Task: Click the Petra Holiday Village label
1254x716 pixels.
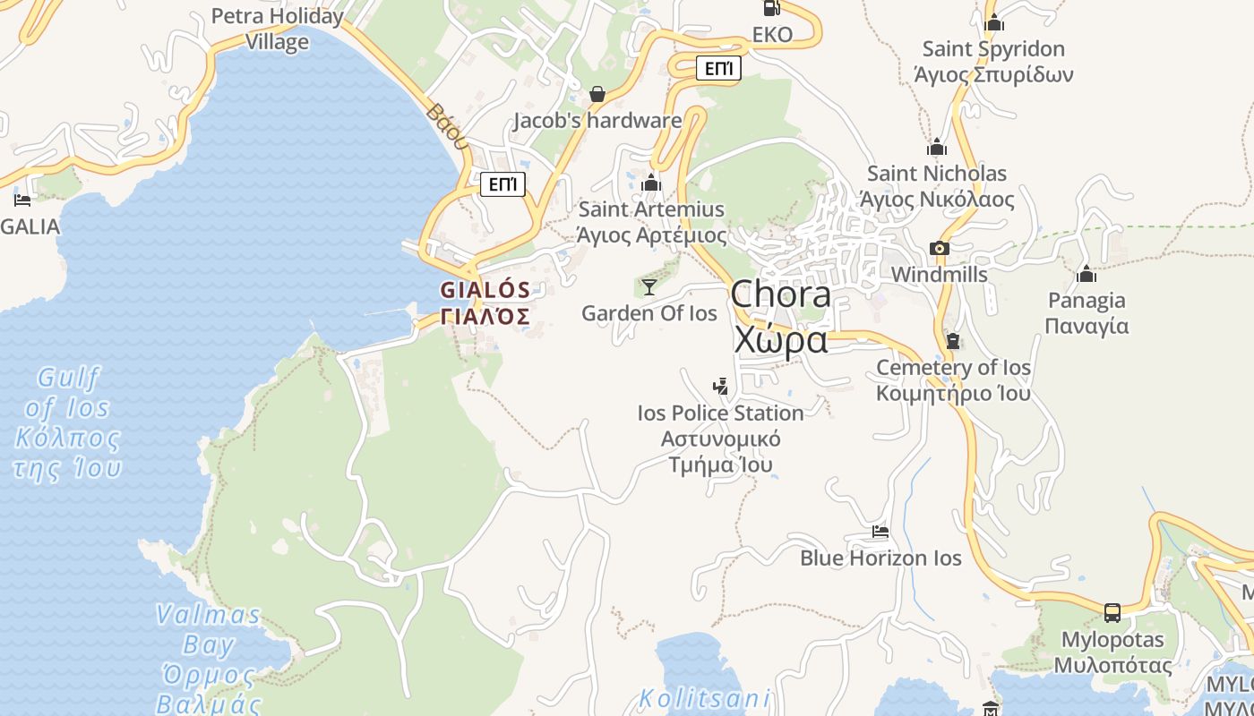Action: tap(277, 29)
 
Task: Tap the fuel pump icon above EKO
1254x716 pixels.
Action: tap(770, 8)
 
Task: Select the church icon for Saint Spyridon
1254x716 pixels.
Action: tap(993, 23)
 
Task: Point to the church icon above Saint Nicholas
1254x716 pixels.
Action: tap(937, 148)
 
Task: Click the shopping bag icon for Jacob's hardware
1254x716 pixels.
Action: tap(597, 94)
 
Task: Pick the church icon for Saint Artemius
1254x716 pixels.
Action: tap(651, 183)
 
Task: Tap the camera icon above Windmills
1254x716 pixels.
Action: tap(939, 249)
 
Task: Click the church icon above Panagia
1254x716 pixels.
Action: tap(1087, 274)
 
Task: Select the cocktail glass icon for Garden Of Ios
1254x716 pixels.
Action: tap(649, 287)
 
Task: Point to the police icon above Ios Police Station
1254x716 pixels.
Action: tap(720, 387)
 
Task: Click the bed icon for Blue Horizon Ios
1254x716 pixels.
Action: tap(880, 533)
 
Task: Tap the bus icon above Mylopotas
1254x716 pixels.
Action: tap(1112, 613)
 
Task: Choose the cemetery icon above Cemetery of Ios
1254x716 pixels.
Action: tap(953, 341)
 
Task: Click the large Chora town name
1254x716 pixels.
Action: tap(780, 317)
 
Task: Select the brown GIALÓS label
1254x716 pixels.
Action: tap(485, 303)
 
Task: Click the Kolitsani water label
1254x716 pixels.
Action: tap(705, 698)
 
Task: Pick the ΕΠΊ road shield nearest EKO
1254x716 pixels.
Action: tap(718, 68)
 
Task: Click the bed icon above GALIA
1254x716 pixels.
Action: tap(22, 200)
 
